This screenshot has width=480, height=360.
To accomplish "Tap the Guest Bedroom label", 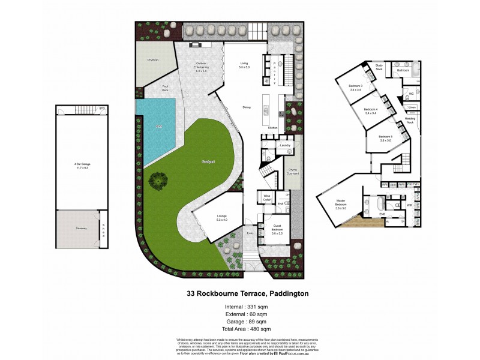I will tap(277, 228).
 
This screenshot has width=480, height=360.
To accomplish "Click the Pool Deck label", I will tap(165, 88).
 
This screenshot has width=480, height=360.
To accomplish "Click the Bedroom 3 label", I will tap(356, 88).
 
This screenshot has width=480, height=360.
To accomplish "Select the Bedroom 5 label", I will tap(385, 139).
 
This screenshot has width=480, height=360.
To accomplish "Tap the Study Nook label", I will tap(379, 67).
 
